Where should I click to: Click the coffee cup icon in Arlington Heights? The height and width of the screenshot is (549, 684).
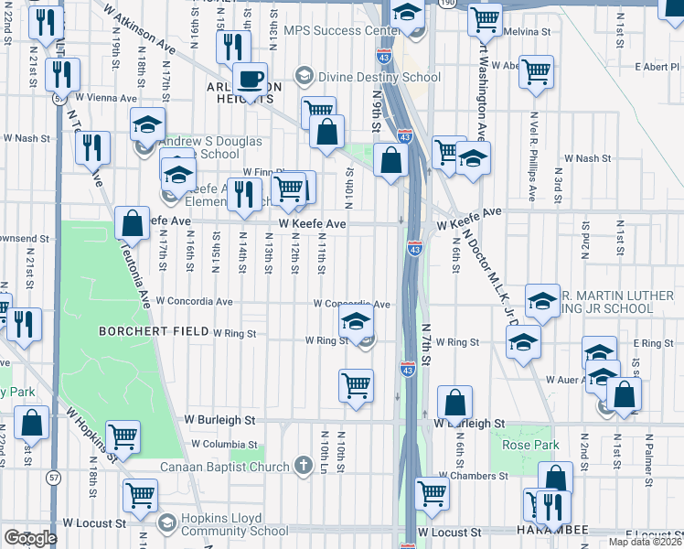click(251, 79)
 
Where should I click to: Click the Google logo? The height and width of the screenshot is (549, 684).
click(29, 538)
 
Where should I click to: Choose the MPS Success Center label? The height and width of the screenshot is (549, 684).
click(337, 30)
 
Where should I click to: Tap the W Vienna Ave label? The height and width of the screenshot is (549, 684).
click(106, 97)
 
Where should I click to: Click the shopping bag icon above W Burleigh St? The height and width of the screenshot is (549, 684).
click(454, 403)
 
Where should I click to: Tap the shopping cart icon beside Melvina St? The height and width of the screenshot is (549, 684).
click(485, 17)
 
